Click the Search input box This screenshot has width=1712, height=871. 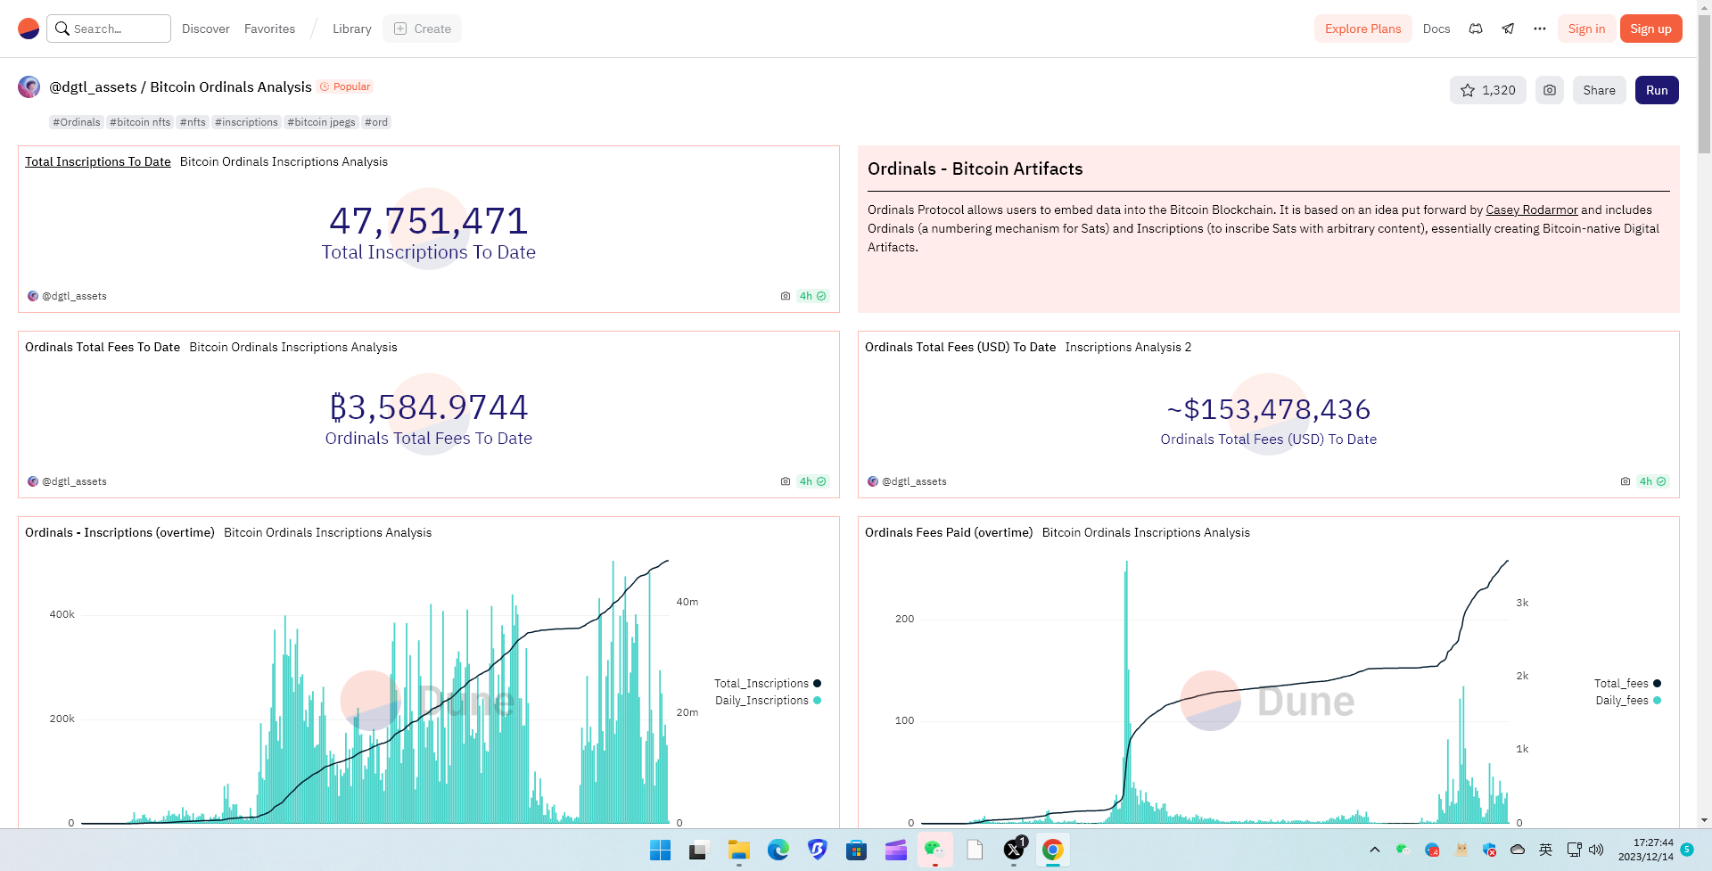[109, 29]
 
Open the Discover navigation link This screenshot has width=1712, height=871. [206, 29]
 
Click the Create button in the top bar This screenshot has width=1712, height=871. [423, 29]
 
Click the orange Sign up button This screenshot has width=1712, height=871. [1650, 29]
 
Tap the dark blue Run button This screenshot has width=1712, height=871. [1657, 90]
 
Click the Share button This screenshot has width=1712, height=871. [1599, 90]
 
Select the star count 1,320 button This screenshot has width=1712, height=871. [1488, 90]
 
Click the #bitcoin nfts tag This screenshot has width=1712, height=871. [140, 122]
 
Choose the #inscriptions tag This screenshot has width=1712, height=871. [246, 122]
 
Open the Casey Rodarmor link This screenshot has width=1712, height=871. [1531, 210]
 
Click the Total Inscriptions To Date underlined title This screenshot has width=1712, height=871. [98, 161]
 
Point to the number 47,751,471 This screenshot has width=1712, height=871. [429, 220]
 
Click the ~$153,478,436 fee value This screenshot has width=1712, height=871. [1269, 409]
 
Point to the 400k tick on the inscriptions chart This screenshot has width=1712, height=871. [62, 614]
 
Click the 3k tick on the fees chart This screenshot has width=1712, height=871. [1522, 603]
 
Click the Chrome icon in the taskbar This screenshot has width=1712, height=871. [1053, 850]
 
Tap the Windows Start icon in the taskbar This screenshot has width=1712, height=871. [661, 850]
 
